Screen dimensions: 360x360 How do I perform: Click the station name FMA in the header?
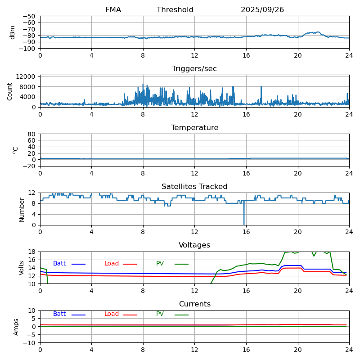(113, 10)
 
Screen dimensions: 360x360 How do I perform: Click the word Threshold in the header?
(175, 10)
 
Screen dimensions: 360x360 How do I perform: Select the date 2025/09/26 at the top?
(262, 10)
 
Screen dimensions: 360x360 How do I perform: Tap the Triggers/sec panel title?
(194, 69)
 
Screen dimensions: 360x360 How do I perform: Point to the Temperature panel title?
(194, 128)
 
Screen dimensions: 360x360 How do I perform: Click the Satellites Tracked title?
(194, 187)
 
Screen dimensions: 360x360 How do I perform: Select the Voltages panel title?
(194, 245)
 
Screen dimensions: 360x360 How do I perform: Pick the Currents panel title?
(194, 304)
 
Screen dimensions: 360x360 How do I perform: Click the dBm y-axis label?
(13, 32)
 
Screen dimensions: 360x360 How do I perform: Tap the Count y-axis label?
(10, 91)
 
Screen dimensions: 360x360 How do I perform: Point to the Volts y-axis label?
(22, 268)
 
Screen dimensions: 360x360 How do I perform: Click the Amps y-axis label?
(17, 327)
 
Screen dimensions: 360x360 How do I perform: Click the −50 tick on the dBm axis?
(30, 16)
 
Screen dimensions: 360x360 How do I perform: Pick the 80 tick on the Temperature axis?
(32, 134)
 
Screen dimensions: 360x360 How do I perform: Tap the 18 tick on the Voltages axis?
(32, 252)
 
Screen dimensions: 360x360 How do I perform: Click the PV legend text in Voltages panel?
(160, 264)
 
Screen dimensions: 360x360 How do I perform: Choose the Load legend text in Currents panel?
(112, 314)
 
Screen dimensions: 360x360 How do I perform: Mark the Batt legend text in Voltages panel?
(59, 264)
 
